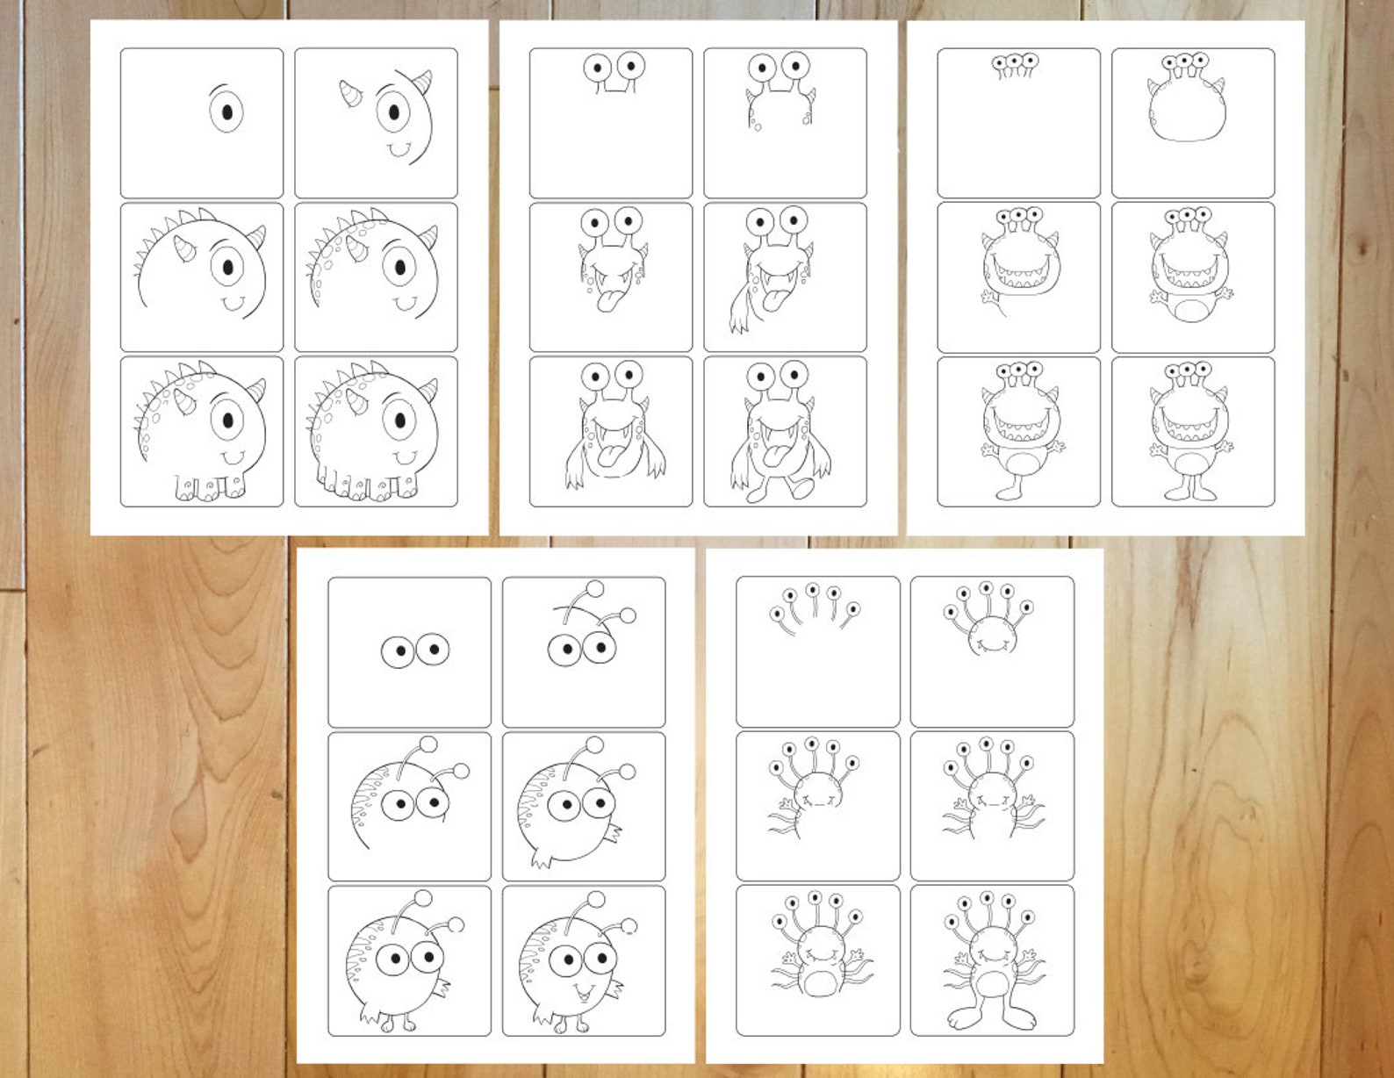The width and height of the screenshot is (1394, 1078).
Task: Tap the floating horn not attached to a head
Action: coord(351,93)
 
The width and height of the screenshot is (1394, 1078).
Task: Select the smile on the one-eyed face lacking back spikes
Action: coord(400,150)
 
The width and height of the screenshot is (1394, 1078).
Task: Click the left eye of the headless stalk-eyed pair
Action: coord(598,68)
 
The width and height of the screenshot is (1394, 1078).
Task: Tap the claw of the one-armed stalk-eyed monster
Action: coord(738,321)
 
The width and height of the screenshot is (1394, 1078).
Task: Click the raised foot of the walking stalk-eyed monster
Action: coord(801,487)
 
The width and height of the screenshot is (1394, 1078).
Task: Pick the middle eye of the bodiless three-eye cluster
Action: coord(1016,62)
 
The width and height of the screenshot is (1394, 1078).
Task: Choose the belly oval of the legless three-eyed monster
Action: coord(1190,311)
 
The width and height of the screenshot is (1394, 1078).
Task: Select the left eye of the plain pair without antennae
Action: coord(399,651)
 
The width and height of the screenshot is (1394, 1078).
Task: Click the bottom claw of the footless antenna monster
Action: coord(541,859)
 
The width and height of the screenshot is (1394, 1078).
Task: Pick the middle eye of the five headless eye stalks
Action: coord(813,590)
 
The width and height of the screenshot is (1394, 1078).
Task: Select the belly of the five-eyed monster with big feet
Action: coord(992,981)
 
